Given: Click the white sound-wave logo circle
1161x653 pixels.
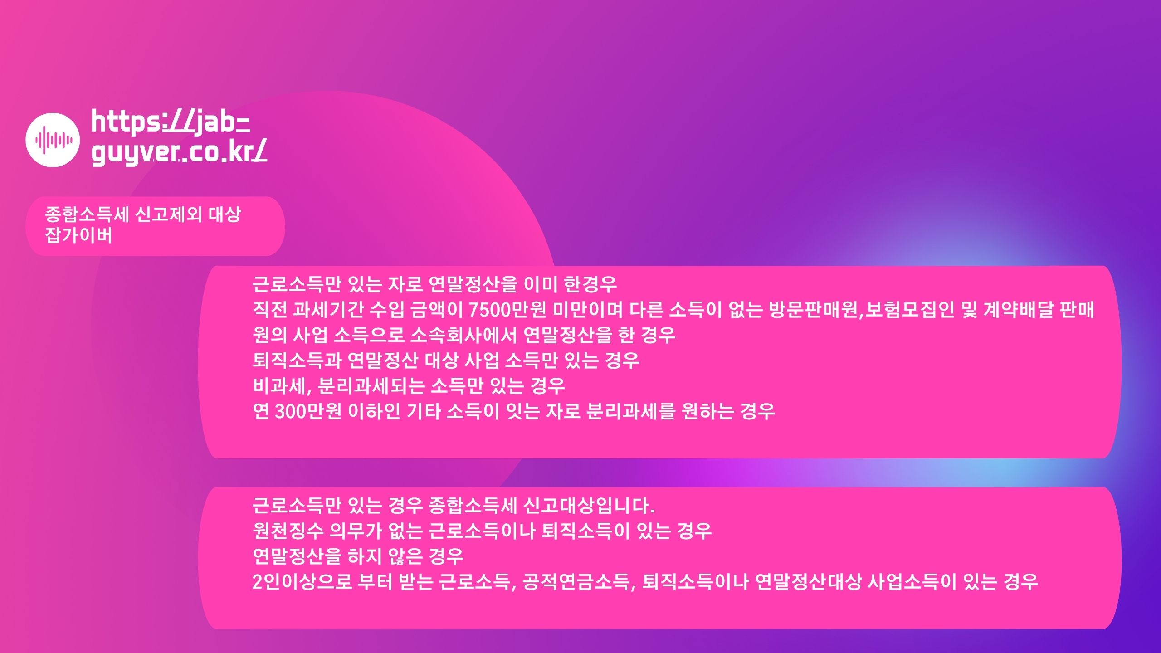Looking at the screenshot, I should point(53,140).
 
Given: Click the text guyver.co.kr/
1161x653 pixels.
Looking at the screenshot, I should point(179,153).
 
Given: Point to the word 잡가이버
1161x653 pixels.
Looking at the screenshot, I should point(78,235).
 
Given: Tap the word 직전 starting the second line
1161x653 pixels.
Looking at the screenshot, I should point(270,310).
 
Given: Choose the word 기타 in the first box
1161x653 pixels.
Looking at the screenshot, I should point(423,412).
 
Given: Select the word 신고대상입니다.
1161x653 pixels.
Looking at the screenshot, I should point(589,506).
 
